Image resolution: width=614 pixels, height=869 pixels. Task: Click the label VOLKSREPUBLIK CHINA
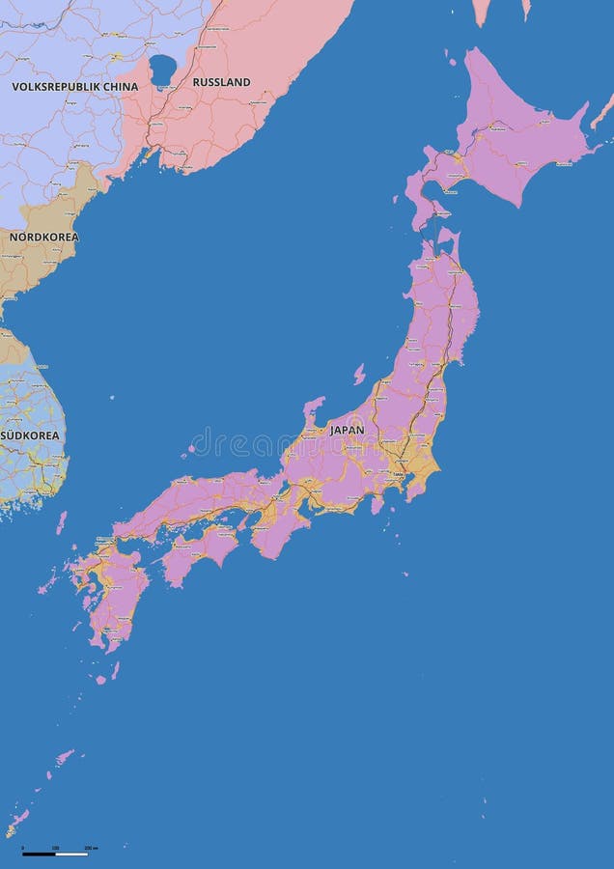point(74,87)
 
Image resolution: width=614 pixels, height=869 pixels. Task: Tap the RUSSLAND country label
point(221,82)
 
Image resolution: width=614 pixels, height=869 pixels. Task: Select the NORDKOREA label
point(43,237)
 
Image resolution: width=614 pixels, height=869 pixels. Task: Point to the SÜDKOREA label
point(30,435)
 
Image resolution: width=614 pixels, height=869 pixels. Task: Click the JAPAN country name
point(347,430)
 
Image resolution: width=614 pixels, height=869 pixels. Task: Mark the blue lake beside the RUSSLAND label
point(162,69)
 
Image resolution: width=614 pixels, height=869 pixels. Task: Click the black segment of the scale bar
point(39,854)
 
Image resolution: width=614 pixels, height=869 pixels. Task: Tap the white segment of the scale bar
point(70,854)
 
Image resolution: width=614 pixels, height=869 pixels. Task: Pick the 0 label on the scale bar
point(23,847)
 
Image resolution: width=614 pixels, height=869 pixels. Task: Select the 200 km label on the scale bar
point(90,847)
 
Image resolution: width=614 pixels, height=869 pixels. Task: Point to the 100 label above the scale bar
point(55,847)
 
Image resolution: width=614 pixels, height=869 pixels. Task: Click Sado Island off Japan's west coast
point(359,374)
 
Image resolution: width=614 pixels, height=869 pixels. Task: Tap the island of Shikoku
point(200,553)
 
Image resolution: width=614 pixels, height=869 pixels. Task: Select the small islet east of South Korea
point(113,395)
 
